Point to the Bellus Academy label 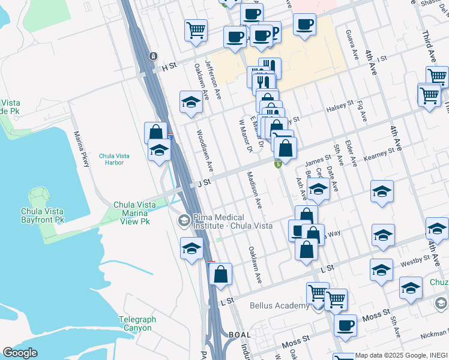pos(279,305)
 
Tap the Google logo pos(20,353)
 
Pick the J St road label pos(204,181)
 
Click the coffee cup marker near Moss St pos(345,325)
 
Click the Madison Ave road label pos(253,190)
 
